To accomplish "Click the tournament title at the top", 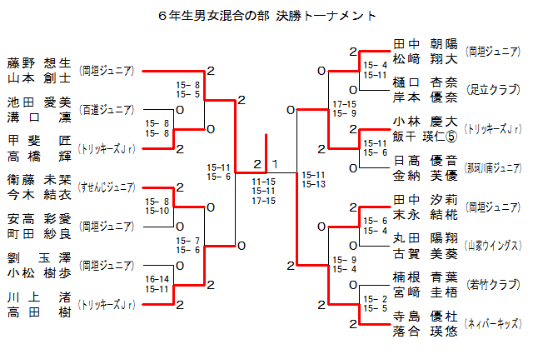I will click(x=266, y=16).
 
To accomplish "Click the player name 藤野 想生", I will click(x=39, y=62).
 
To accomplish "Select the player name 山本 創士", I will click(x=39, y=77).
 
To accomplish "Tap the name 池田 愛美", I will click(x=39, y=102).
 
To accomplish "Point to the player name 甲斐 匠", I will click(x=39, y=141).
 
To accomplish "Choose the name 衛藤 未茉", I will click(x=39, y=180).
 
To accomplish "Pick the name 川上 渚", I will click(x=39, y=297).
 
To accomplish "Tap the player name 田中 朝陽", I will click(x=425, y=44).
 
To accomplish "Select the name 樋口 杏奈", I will click(x=425, y=82).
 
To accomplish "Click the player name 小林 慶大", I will click(x=425, y=121).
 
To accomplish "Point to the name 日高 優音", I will click(x=425, y=160).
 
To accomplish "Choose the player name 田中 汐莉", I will click(x=425, y=199).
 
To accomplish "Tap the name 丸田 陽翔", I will click(x=425, y=238).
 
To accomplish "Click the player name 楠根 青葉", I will click(x=425, y=277).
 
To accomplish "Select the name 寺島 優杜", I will click(x=425, y=316).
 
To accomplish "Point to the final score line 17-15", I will click(x=264, y=201).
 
